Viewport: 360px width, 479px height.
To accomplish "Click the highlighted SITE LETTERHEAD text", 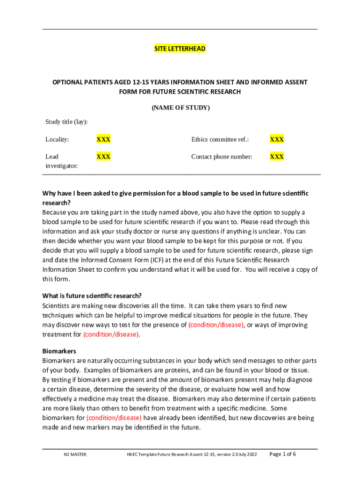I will click(180, 49).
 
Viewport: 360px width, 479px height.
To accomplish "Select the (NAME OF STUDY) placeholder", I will click(180, 108).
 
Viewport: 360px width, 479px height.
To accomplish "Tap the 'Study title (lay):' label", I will click(66, 122).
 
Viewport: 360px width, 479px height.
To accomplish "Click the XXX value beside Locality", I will click(103, 139).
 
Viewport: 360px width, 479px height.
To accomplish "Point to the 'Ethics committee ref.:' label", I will click(220, 139).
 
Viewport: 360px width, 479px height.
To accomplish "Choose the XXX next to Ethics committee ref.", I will click(277, 139).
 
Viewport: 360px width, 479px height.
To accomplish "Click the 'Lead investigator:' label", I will click(61, 161).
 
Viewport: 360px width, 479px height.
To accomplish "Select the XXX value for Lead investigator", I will click(103, 157).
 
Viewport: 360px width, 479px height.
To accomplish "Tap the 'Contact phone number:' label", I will click(222, 157).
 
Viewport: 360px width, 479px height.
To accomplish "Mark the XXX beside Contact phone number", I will click(277, 157).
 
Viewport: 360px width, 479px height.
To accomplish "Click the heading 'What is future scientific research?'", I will click(92, 296).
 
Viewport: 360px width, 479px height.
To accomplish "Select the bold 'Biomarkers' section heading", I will click(59, 351).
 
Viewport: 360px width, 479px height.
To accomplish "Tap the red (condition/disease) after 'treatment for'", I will click(111, 334).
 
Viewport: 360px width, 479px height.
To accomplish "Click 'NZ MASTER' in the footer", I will click(75, 455).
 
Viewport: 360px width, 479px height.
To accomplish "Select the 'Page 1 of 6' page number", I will click(283, 454).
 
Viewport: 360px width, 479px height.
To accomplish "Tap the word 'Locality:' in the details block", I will click(57, 139).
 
